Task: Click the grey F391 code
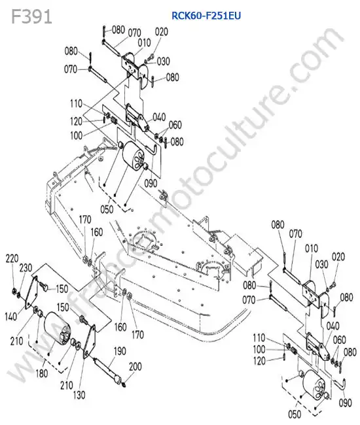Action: (x=31, y=17)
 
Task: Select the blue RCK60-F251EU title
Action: (x=206, y=16)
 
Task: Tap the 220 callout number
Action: (x=12, y=258)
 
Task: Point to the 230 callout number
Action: (x=26, y=268)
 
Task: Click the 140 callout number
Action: (x=11, y=316)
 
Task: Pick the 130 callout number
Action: (x=79, y=395)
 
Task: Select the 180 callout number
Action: (x=42, y=373)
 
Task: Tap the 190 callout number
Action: (x=120, y=351)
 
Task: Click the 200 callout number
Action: (x=135, y=367)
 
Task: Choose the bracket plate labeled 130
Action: (x=89, y=341)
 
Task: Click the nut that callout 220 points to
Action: (x=14, y=292)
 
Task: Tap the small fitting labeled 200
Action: (x=124, y=384)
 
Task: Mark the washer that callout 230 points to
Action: (x=18, y=295)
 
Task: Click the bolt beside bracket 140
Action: (x=43, y=286)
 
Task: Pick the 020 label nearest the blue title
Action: (x=162, y=32)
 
